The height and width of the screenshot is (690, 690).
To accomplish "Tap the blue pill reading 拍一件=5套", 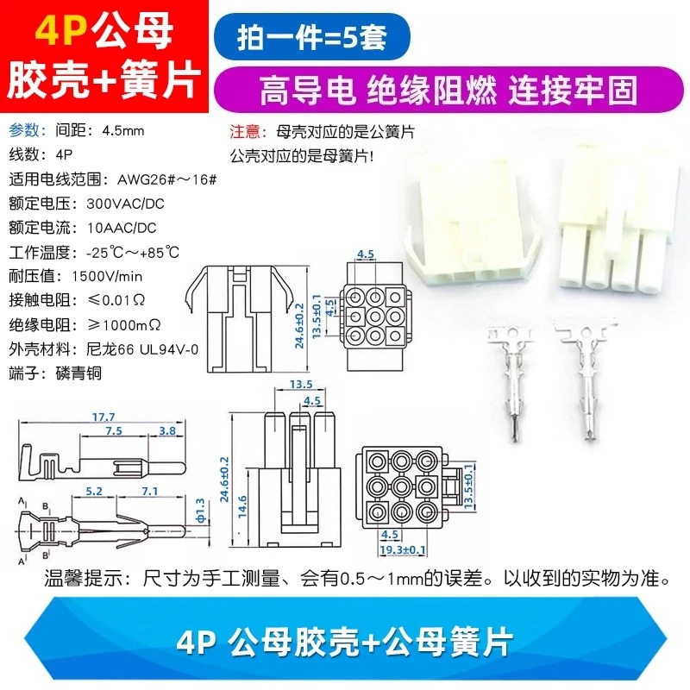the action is click(312, 37).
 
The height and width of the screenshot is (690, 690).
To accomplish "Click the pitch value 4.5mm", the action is click(123, 131).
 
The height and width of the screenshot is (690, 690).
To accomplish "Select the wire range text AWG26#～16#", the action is click(166, 179).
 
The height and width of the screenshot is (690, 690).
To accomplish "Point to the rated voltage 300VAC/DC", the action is click(125, 204).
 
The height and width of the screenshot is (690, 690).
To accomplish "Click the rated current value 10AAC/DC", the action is click(122, 228).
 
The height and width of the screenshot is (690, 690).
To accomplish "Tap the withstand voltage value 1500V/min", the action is click(107, 276).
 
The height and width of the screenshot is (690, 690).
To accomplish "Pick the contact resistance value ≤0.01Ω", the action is click(116, 300).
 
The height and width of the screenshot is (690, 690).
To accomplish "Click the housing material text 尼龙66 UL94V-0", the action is click(142, 349).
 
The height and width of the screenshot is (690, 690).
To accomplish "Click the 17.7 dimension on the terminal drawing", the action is click(103, 417).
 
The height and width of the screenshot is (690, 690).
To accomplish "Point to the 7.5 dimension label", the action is click(114, 430).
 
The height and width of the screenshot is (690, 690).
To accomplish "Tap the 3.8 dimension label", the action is click(167, 430).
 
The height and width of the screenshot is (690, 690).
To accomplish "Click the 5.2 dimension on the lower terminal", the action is click(94, 491).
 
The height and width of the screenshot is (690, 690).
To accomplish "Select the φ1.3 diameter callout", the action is click(200, 511).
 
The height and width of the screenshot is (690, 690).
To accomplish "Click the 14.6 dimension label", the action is click(242, 506).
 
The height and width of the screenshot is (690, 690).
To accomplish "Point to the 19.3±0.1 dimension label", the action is click(403, 549).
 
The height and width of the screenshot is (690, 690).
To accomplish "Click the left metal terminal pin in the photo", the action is click(512, 381).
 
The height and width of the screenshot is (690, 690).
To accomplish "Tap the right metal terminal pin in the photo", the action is click(587, 378).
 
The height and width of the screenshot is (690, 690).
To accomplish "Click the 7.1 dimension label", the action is click(150, 491).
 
